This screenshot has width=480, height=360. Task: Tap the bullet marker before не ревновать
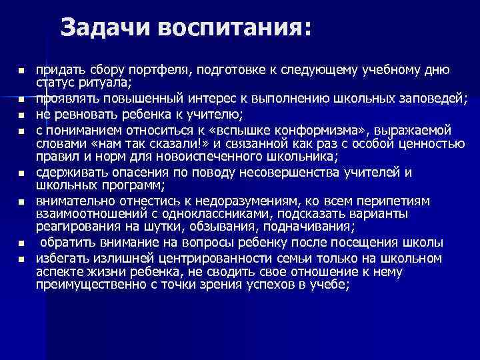tap(21, 115)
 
